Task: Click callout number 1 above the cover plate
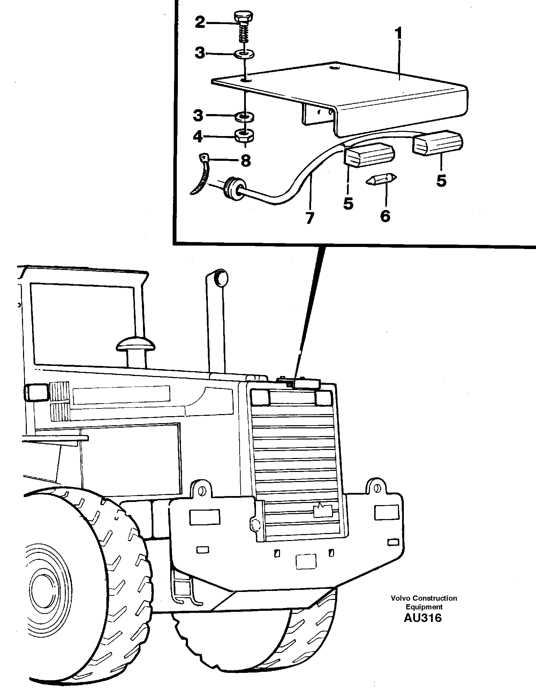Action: coord(399,34)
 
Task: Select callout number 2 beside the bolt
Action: coord(200,23)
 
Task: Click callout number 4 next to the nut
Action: coord(198,137)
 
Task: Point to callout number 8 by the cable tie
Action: coord(246,161)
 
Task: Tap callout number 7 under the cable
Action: coord(309,218)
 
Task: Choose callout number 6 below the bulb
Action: coord(385,216)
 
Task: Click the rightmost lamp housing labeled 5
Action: coord(438,143)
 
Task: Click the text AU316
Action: coord(423,618)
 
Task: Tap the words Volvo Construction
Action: coord(424,598)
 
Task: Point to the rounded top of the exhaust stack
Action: coord(220,278)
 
